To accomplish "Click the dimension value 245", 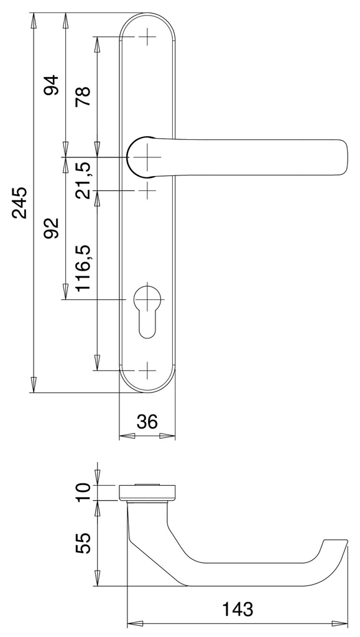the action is pos(20,203).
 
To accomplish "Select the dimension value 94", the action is pos(52,85).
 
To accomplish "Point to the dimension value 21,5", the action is pos(83,180).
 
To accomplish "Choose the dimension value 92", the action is pos(52,228).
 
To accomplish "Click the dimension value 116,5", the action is pos(83,268).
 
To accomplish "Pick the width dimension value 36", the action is pos(147,422).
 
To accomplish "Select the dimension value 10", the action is pos(83,493).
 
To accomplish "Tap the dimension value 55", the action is pos(83,544).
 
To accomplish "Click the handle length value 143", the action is pos(238,610).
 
